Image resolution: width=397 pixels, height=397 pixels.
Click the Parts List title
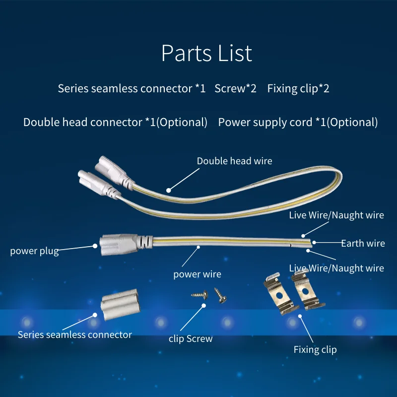[x=206, y=54]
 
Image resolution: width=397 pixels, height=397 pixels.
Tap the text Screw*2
[x=236, y=89]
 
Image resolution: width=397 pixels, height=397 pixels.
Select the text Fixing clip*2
[x=298, y=89]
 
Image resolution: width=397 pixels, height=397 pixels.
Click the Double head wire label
[x=234, y=161]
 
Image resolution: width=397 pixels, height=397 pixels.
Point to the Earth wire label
[x=363, y=243]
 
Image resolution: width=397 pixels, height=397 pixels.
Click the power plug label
[x=34, y=251]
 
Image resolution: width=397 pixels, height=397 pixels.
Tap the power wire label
[x=197, y=274]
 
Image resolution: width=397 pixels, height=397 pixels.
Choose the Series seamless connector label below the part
[x=75, y=334]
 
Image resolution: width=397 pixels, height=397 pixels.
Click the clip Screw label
[x=191, y=339]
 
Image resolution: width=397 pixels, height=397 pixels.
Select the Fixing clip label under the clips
[x=315, y=349]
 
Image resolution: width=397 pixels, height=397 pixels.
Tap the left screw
[x=199, y=295]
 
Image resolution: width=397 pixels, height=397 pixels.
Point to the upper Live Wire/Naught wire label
[x=336, y=215]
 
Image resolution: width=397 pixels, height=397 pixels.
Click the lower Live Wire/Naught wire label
[x=336, y=268]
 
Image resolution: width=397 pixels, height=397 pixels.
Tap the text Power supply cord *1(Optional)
[x=298, y=122]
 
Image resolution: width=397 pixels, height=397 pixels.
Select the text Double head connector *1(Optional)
[x=115, y=122]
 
